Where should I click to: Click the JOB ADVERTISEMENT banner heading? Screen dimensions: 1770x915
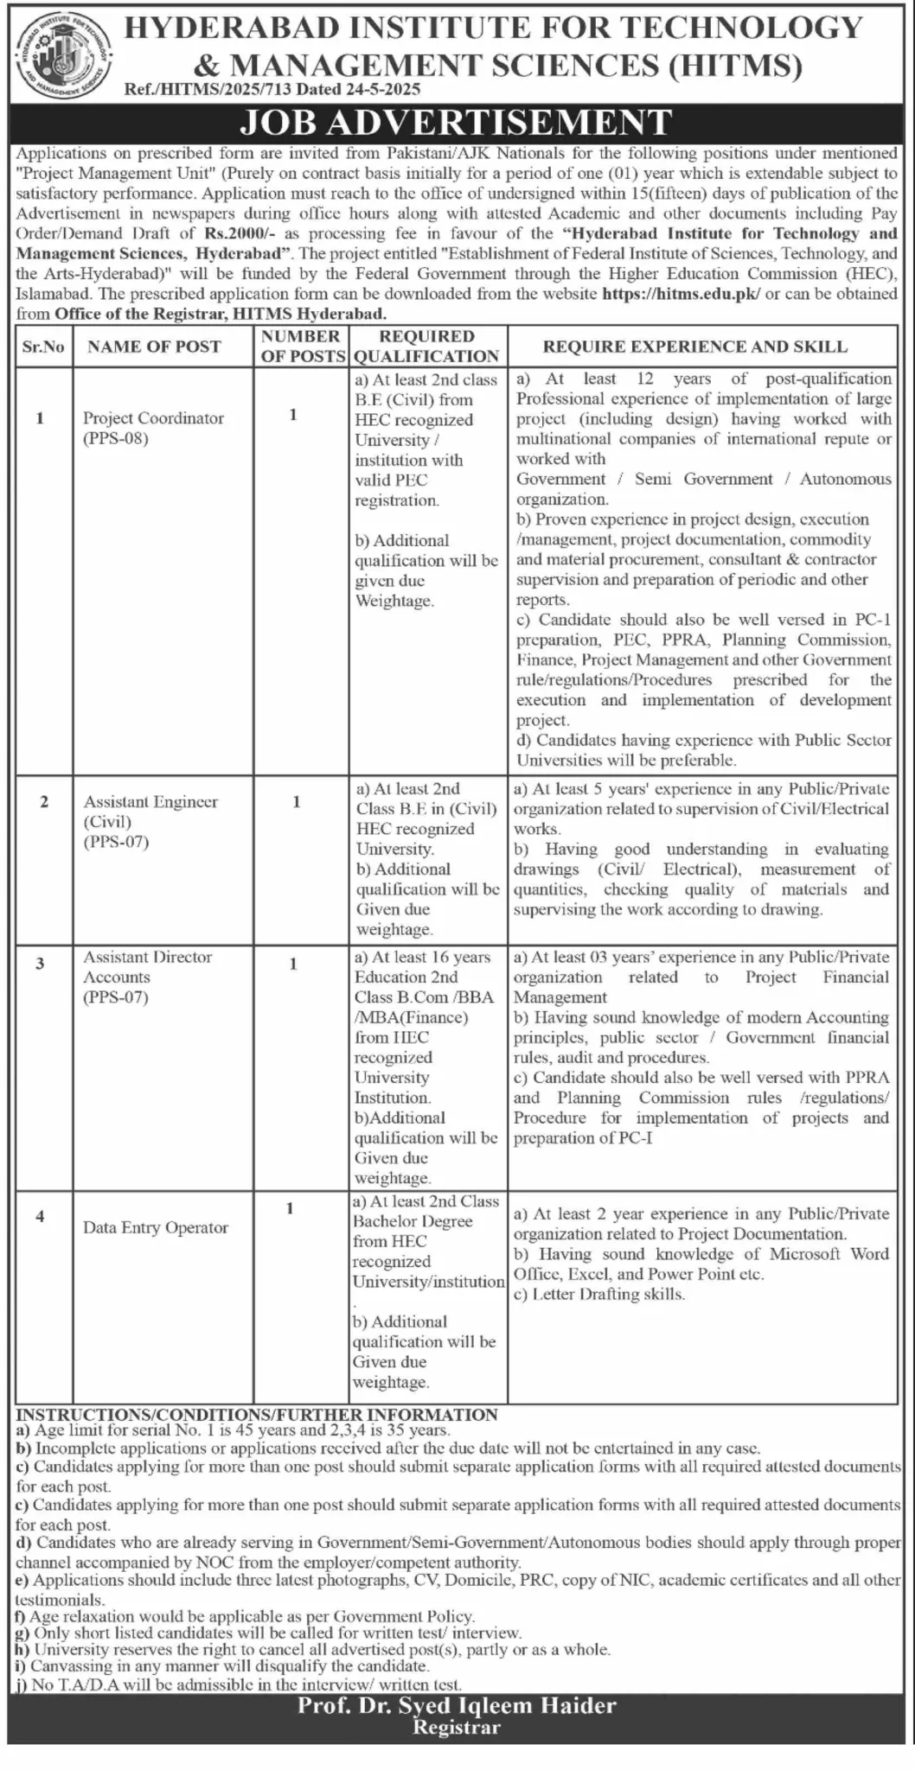coord(457,122)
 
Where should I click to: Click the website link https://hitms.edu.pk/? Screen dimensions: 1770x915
coord(681,294)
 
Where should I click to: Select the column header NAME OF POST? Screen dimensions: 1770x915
coord(154,347)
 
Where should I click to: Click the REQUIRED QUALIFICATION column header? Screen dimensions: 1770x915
coord(426,346)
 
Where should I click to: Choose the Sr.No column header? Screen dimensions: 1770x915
coord(43,347)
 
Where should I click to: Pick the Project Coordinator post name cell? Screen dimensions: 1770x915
coord(153,418)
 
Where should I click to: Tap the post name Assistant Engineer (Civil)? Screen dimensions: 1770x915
coord(150,812)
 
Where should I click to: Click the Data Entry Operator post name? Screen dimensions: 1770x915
coord(156,1227)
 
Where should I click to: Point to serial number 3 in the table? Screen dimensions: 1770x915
coord(40,964)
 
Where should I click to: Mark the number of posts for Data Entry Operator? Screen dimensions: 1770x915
coord(291,1208)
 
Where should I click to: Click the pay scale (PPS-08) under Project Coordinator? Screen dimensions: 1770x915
coord(116,438)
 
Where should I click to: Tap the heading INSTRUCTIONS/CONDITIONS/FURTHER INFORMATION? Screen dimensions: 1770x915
coord(257,1415)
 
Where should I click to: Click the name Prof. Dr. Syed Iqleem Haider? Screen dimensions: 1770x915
coord(457,1706)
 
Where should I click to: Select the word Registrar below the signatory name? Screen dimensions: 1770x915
coord(457,1728)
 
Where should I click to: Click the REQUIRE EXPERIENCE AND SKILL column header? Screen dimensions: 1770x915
coord(695,347)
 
